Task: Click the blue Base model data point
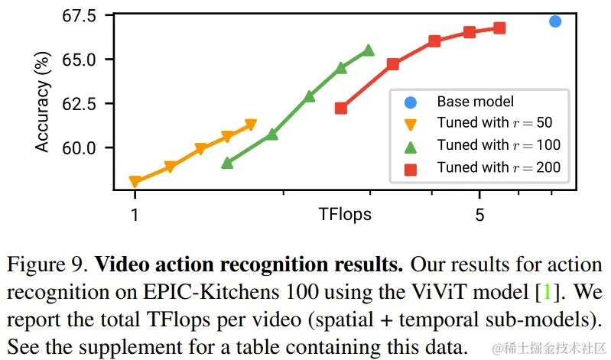pyautogui.click(x=555, y=21)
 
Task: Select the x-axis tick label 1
pyautogui.click(x=135, y=216)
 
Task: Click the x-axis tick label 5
pyautogui.click(x=479, y=216)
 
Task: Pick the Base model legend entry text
pyautogui.click(x=475, y=101)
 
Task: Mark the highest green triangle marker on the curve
pyautogui.click(x=369, y=50)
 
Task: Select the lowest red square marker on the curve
pyautogui.click(x=341, y=108)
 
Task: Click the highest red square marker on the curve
pyautogui.click(x=499, y=28)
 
